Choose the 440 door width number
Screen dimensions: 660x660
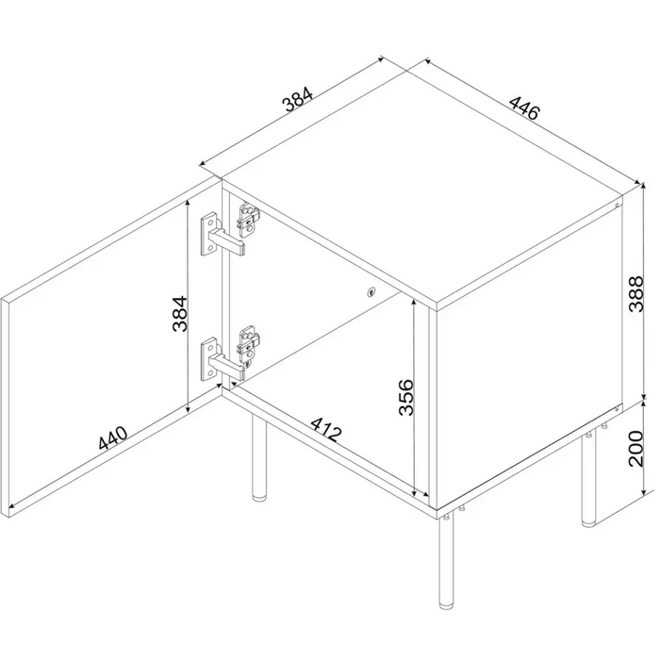111,446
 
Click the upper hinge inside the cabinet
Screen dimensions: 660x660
249,222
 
